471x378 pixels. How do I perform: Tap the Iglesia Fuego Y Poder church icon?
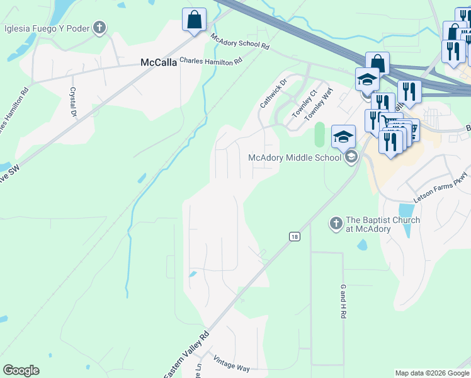pyautogui.click(x=99, y=27)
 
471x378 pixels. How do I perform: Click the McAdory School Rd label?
pyautogui.click(x=240, y=42)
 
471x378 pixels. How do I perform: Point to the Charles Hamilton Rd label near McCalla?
pyautogui.click(x=210, y=61)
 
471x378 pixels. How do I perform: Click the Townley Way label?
pyautogui.click(x=318, y=105)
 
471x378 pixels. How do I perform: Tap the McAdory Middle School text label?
pyautogui.click(x=295, y=157)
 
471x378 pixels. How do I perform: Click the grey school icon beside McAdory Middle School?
pyautogui.click(x=351, y=157)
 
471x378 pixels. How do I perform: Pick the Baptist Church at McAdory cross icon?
pyautogui.click(x=336, y=223)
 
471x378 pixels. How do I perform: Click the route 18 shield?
pyautogui.click(x=294, y=236)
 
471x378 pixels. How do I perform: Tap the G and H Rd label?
pyautogui.click(x=344, y=301)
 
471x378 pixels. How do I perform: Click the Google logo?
pyautogui.click(x=21, y=370)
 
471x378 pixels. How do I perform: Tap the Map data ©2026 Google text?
pyautogui.click(x=431, y=373)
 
